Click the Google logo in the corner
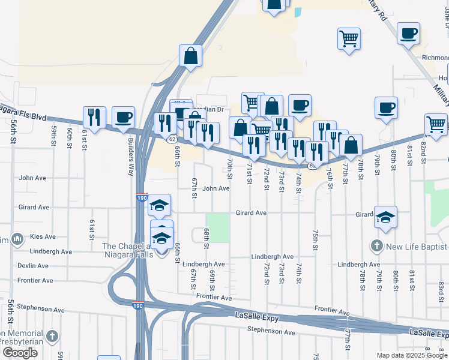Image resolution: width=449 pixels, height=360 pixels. pyautogui.click(x=19, y=353)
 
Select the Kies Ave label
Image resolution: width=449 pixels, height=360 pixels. pyautogui.click(x=41, y=237)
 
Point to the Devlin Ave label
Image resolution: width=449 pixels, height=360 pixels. pyautogui.click(x=33, y=266)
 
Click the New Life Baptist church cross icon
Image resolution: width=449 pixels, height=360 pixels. pyautogui.click(x=376, y=247)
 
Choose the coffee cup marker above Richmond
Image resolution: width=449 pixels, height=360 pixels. pyautogui.click(x=408, y=34)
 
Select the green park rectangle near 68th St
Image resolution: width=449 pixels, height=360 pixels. pyautogui.click(x=218, y=227)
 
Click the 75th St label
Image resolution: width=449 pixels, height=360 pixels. pyautogui.click(x=315, y=239)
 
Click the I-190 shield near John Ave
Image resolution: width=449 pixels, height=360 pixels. pyautogui.click(x=140, y=197)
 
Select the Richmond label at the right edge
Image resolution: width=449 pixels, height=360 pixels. pyautogui.click(x=435, y=58)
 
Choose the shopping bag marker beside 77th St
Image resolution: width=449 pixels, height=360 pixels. pyautogui.click(x=351, y=145)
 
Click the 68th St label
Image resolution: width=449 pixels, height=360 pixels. pyautogui.click(x=206, y=238)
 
